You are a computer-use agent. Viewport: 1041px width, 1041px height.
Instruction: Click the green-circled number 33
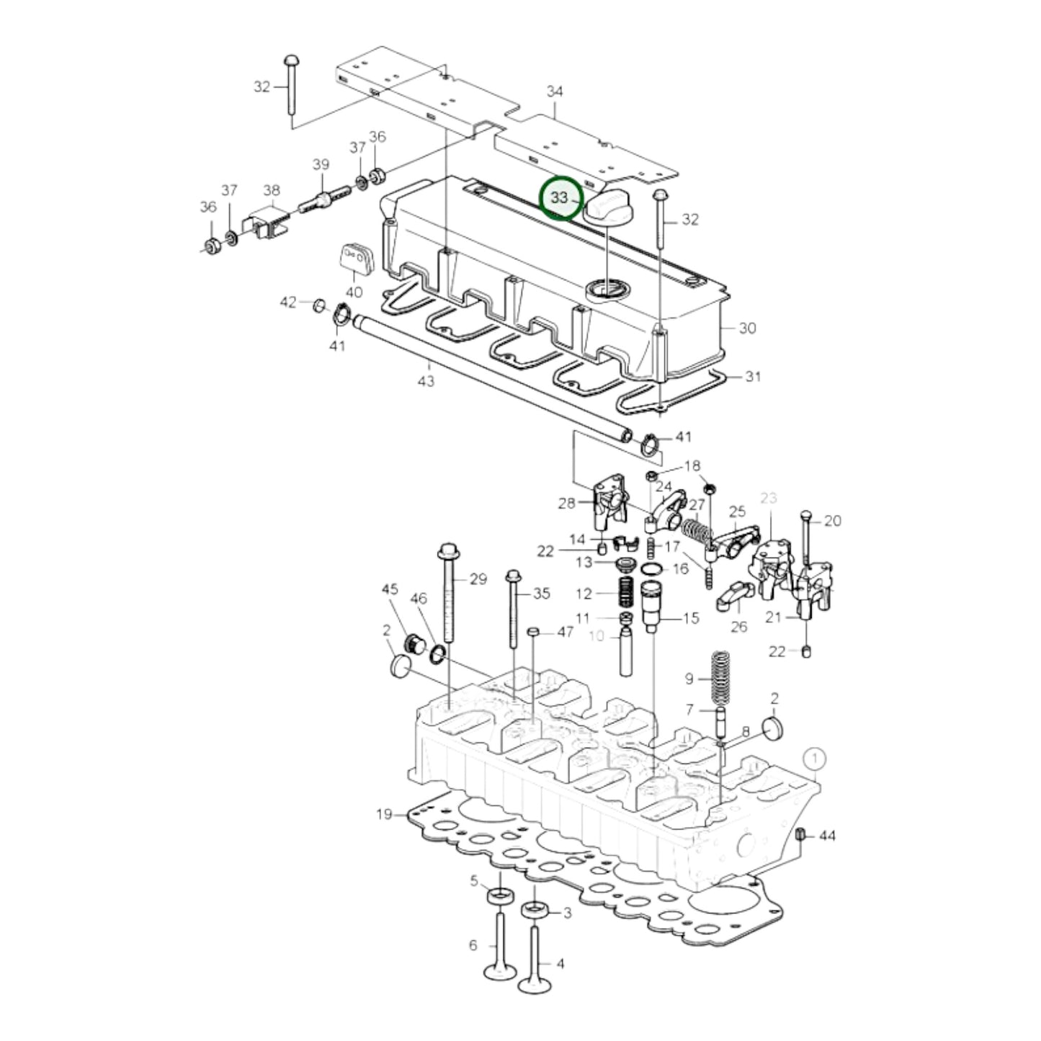[560, 198]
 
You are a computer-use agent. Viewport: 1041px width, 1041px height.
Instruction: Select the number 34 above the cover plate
[555, 91]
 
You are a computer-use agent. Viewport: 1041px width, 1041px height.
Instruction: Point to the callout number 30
[748, 328]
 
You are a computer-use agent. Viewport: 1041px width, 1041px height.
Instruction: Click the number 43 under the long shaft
[426, 380]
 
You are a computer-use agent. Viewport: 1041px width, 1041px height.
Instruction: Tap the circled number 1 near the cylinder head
[814, 758]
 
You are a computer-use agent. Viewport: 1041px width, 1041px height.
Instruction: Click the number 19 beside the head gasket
[384, 814]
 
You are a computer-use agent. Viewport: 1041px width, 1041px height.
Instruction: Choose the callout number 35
[541, 593]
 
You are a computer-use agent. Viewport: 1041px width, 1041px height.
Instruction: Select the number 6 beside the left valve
[473, 944]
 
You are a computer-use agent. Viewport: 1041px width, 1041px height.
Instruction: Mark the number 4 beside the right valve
[560, 963]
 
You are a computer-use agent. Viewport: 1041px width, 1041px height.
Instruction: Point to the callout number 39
[321, 164]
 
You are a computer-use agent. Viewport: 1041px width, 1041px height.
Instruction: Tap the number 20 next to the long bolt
[832, 520]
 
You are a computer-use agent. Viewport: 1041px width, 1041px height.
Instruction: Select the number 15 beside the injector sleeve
[691, 617]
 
